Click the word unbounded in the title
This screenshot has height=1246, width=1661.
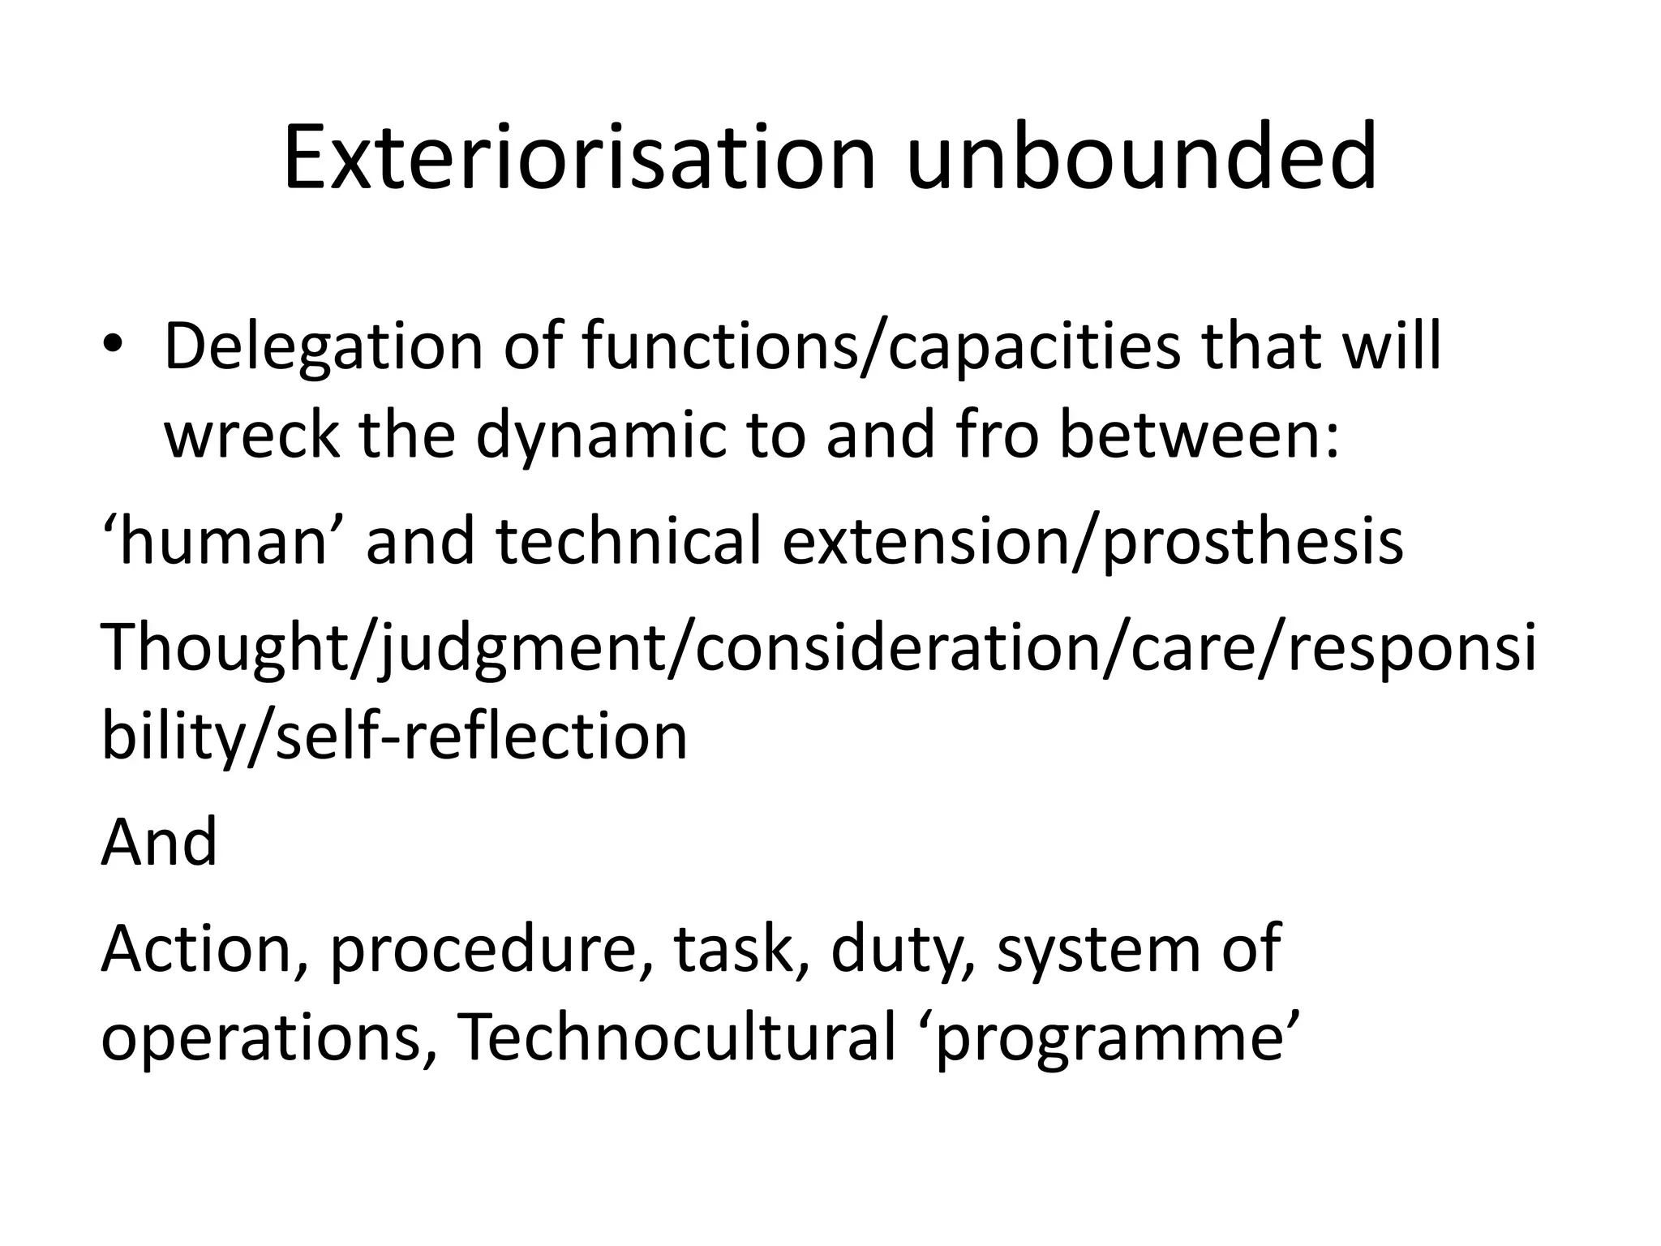[1140, 159]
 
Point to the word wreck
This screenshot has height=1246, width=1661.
[251, 435]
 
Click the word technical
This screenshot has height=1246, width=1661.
[629, 542]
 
